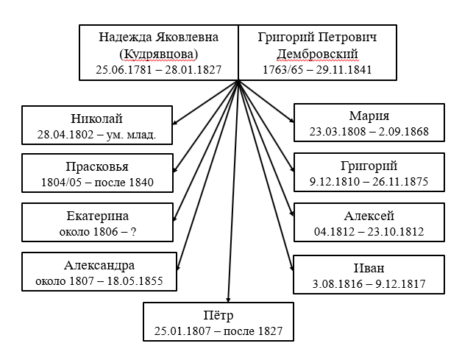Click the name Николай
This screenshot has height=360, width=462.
(x=96, y=119)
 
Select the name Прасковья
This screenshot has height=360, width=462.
(x=97, y=166)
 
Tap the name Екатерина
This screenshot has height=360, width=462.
(x=98, y=216)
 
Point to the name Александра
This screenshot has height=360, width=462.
(x=99, y=265)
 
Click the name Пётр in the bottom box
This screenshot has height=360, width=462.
(x=218, y=315)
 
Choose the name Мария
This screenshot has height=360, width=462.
(x=369, y=116)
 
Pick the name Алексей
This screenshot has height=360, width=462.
(x=369, y=216)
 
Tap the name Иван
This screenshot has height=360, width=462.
(x=369, y=268)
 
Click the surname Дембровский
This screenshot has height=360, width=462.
(x=317, y=54)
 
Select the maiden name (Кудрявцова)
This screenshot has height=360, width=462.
(x=158, y=54)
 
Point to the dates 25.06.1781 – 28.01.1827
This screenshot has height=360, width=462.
(x=158, y=70)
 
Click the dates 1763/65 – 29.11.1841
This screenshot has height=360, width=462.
(x=317, y=70)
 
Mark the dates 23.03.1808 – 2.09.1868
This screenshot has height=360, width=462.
(x=369, y=132)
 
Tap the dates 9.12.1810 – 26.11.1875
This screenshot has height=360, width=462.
(x=369, y=181)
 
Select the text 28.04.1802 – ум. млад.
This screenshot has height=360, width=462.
(x=96, y=135)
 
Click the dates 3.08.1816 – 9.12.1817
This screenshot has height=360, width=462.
(x=369, y=283)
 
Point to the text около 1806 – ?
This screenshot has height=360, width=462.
(x=98, y=232)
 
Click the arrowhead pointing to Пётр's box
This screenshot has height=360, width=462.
(x=228, y=300)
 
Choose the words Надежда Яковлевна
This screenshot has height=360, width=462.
(x=158, y=38)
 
